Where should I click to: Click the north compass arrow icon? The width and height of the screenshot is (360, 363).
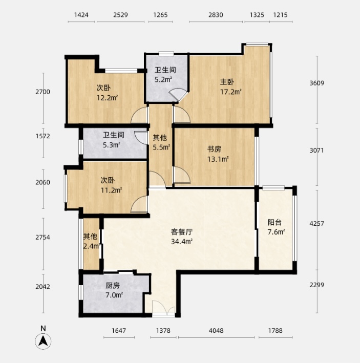44,340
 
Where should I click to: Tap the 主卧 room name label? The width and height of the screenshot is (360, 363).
227,82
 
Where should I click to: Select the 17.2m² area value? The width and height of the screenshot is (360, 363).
230,92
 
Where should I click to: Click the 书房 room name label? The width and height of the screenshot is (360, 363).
214,149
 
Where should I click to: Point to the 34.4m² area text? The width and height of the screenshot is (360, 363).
181,241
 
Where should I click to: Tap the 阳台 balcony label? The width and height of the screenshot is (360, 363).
275,223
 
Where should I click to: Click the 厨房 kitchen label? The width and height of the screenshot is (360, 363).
113,286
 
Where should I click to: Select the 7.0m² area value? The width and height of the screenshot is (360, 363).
114,295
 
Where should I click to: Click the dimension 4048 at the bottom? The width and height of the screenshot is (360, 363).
216,331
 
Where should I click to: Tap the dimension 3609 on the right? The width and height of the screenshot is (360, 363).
332,83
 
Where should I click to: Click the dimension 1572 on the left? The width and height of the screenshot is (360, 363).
43,151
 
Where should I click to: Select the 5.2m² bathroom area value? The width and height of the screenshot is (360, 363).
163,80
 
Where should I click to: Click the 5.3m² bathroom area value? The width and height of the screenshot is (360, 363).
112,145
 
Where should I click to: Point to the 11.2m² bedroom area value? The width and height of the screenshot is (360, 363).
111,190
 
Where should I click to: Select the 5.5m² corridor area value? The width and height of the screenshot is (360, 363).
161,147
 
